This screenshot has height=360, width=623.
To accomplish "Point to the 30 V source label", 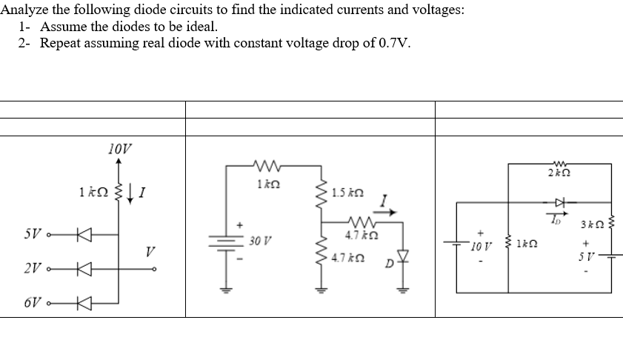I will coord(260,241).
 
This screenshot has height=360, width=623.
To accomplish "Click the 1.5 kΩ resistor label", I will coord(347,193).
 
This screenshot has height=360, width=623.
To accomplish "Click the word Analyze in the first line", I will coord(26,11).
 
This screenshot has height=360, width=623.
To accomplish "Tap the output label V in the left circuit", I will coord(151,252).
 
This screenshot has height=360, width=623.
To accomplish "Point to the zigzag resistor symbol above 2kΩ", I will coord(561,163).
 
